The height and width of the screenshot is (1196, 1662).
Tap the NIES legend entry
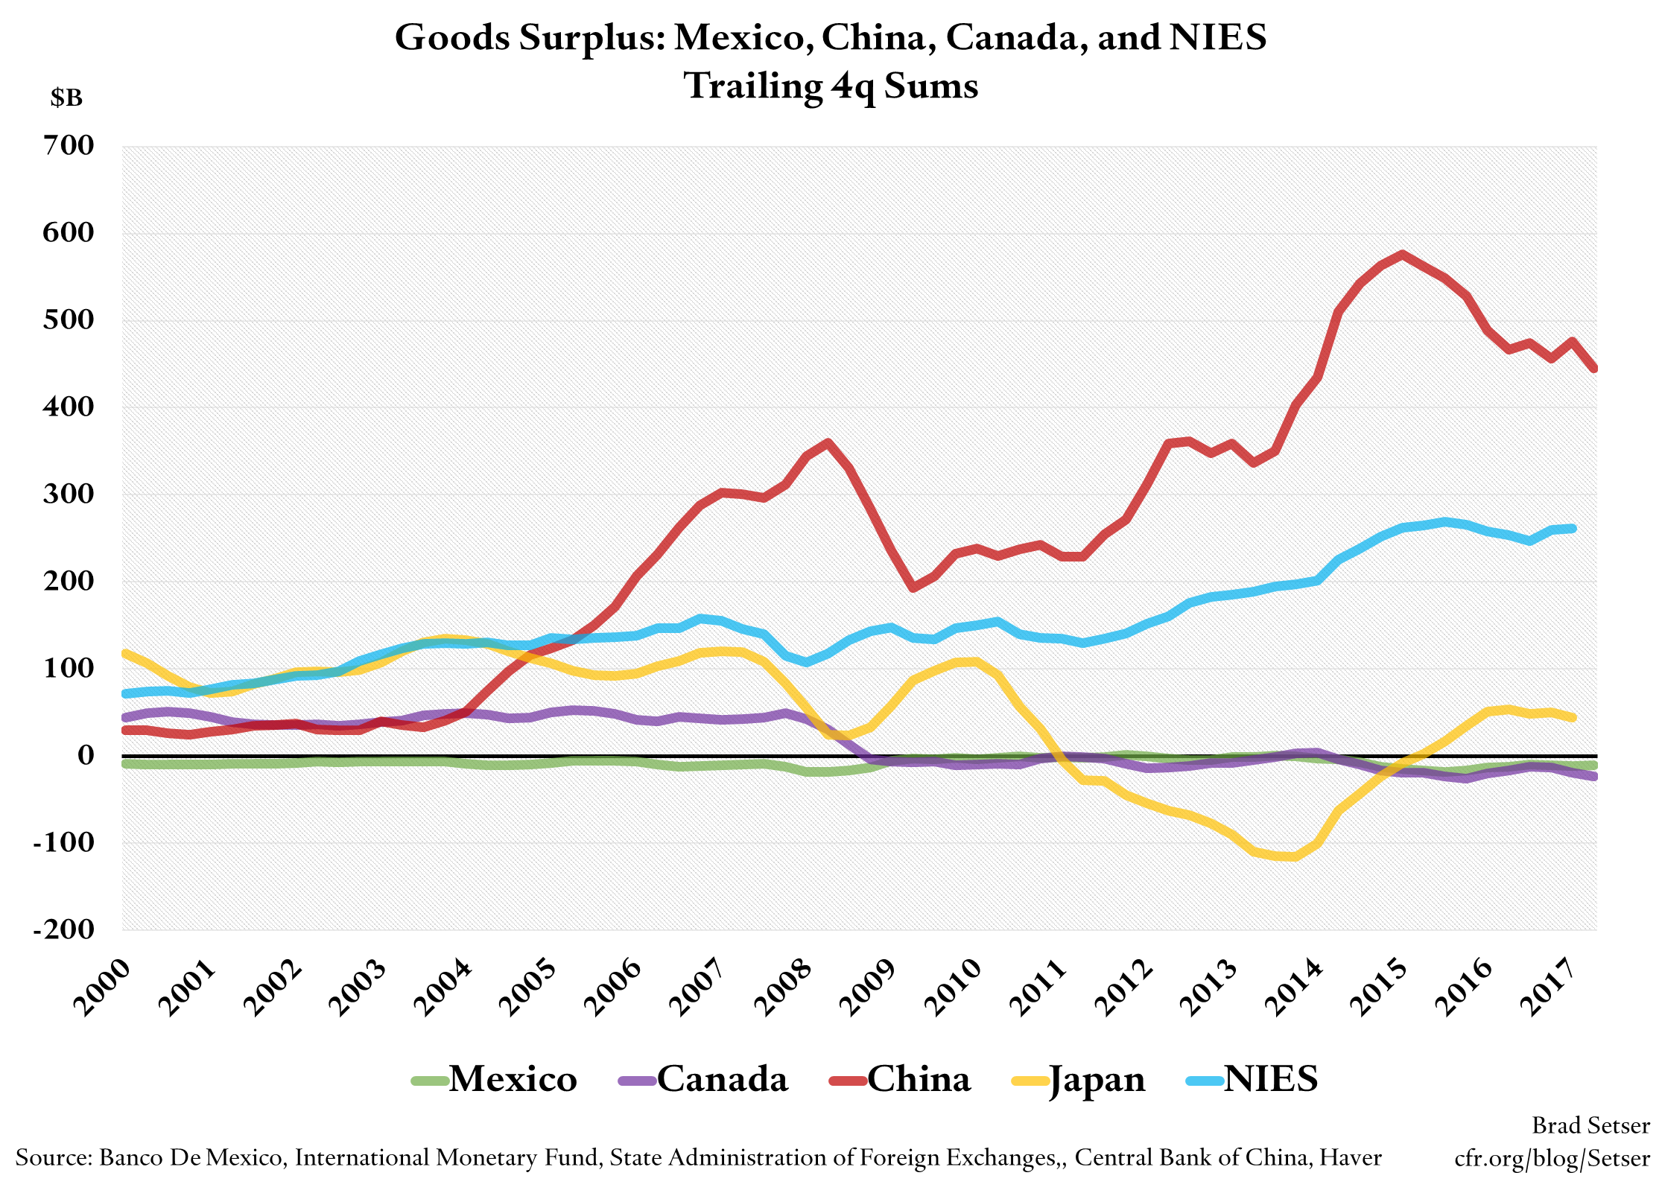(x=1252, y=1079)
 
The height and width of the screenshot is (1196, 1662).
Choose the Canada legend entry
(x=704, y=1079)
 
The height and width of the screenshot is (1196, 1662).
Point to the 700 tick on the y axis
(x=69, y=145)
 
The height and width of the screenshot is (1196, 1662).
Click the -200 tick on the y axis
(x=64, y=929)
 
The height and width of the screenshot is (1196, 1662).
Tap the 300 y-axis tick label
(x=69, y=494)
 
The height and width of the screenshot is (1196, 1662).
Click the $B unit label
(x=66, y=98)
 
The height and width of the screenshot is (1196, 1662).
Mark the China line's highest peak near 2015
(x=1403, y=255)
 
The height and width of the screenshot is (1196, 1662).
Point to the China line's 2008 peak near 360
(x=828, y=443)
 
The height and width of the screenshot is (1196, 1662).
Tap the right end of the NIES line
(x=1573, y=529)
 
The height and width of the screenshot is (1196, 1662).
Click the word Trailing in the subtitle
(x=752, y=86)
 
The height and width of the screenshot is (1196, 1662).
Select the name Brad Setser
(x=1590, y=1125)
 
